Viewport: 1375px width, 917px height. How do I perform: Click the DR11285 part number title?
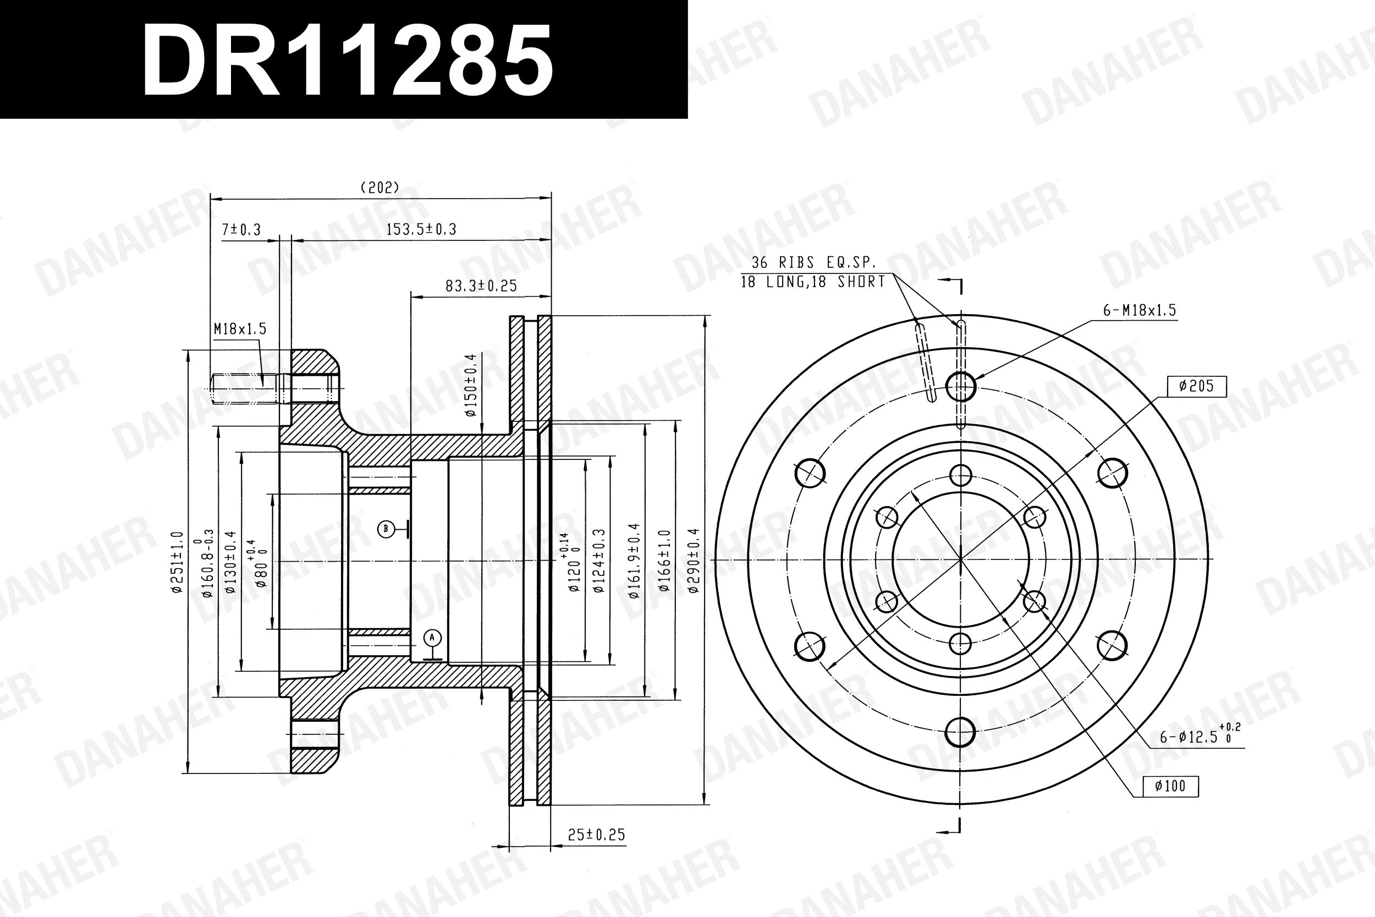(x=347, y=61)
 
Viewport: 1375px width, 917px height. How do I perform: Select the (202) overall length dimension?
(x=380, y=188)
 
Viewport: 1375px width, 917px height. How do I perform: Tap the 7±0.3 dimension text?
(x=241, y=230)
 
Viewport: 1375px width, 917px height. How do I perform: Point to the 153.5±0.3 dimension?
(x=421, y=229)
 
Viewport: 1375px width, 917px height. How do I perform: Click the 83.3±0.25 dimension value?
(x=481, y=286)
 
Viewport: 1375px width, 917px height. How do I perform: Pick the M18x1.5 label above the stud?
(x=240, y=328)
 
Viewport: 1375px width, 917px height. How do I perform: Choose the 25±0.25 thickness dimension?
(x=596, y=834)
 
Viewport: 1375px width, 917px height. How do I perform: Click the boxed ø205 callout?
(x=1197, y=386)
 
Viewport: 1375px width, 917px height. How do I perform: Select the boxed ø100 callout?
(x=1170, y=786)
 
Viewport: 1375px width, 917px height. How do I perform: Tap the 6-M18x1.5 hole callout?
(x=1140, y=311)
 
